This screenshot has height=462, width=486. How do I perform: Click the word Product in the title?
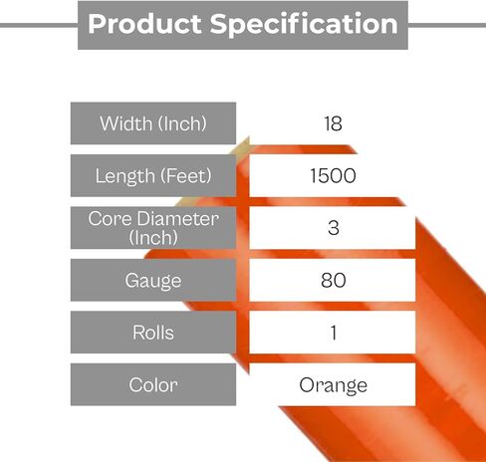144,24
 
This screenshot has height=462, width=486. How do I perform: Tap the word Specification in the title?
304,24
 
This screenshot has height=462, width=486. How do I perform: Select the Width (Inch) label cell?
153,123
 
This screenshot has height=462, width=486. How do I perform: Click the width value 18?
333,123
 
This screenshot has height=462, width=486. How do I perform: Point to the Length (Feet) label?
153,175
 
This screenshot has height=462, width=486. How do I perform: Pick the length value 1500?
333,175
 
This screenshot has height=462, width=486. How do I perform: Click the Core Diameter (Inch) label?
153,228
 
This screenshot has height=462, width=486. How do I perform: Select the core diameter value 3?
333,228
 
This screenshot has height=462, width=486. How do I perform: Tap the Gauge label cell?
153,280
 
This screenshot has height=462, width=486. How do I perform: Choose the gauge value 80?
333,280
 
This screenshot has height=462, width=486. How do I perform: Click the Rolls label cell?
153,333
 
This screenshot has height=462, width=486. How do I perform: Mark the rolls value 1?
334,333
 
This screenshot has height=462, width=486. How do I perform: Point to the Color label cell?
153,384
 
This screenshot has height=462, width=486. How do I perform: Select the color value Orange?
333,385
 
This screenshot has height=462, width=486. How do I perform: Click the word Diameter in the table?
177,219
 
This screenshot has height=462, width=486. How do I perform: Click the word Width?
126,123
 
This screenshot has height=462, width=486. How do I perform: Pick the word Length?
124,176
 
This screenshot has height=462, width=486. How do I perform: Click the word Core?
111,219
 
